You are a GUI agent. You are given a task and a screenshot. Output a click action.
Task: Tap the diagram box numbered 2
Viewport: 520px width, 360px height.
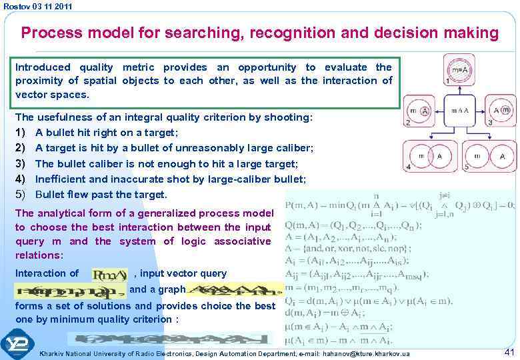click(420, 111)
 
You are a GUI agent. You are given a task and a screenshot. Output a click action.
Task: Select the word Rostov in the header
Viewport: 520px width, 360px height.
click(15, 6)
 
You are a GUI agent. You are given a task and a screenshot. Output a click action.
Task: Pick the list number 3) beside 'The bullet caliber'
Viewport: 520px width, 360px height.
click(21, 163)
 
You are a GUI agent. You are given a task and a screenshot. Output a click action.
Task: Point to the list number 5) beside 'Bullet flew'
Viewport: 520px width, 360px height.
click(21, 195)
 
